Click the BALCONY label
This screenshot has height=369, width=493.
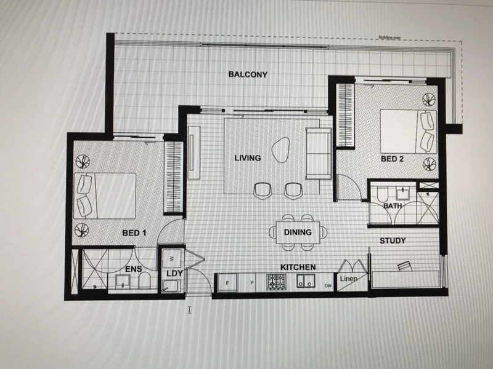point(248,74)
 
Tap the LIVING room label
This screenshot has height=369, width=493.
point(248,158)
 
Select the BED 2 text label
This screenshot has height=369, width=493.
point(393,158)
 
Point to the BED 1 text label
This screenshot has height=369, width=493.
point(134,233)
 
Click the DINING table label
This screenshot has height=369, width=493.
point(298,232)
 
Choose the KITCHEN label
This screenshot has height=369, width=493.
point(298,267)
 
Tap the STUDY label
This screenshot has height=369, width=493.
point(393,240)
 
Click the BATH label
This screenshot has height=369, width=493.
point(392,206)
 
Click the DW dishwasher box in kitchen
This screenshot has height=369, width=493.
point(328,285)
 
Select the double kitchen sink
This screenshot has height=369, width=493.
point(305,282)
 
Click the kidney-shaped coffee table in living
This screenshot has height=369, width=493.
point(282,149)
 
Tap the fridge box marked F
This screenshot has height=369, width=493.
point(229,284)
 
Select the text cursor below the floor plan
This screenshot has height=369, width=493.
point(190,310)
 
